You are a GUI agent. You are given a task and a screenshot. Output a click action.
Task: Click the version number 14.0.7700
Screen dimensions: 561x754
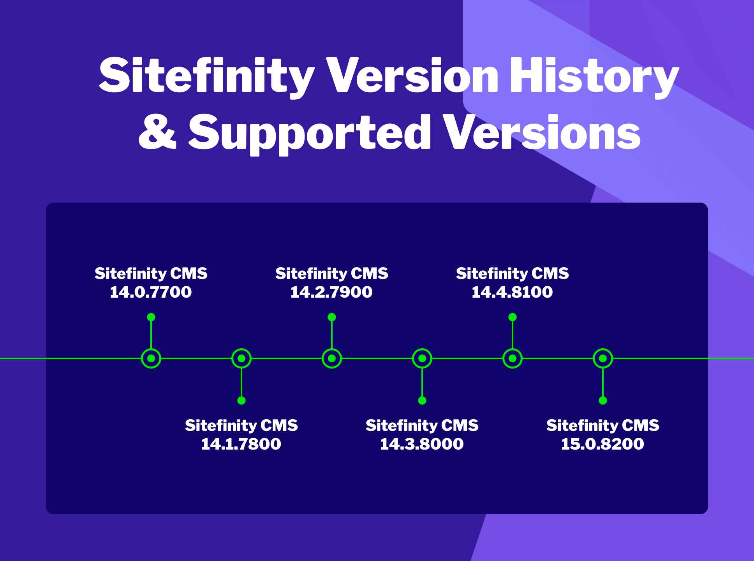(151, 292)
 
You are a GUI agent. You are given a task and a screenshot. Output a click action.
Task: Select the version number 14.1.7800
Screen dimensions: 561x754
(241, 444)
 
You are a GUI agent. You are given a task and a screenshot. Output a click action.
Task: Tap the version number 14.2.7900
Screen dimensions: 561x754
(331, 292)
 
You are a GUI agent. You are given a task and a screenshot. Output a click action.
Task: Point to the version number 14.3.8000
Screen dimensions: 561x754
(422, 444)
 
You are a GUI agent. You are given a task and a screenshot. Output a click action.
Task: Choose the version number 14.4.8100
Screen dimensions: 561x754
(512, 292)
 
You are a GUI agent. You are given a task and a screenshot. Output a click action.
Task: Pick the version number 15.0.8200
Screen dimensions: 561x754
(602, 444)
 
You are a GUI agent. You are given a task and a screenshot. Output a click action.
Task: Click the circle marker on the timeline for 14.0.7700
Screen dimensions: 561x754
(151, 358)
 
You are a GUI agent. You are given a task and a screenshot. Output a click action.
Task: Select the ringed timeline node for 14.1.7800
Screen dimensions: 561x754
(241, 358)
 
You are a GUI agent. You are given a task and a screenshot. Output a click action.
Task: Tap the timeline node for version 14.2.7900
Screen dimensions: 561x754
(332, 358)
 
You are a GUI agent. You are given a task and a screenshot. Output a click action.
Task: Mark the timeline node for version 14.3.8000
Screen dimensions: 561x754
(422, 358)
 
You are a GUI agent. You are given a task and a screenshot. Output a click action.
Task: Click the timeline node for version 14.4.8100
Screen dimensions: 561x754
(513, 358)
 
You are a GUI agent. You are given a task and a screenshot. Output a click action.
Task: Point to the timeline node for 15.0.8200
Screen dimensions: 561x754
(603, 358)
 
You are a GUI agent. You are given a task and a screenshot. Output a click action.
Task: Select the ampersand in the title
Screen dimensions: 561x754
(157, 132)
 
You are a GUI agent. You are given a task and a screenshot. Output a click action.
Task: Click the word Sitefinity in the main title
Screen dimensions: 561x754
(206, 76)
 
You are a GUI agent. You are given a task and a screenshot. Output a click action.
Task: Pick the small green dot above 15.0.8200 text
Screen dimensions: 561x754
(603, 400)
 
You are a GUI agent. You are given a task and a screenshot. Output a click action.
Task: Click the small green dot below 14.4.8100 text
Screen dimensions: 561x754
(513, 317)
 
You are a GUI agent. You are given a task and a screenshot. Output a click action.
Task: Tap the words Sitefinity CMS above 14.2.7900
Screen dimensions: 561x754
(331, 273)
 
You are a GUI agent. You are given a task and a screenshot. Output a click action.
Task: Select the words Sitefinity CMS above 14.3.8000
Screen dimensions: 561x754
(422, 425)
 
